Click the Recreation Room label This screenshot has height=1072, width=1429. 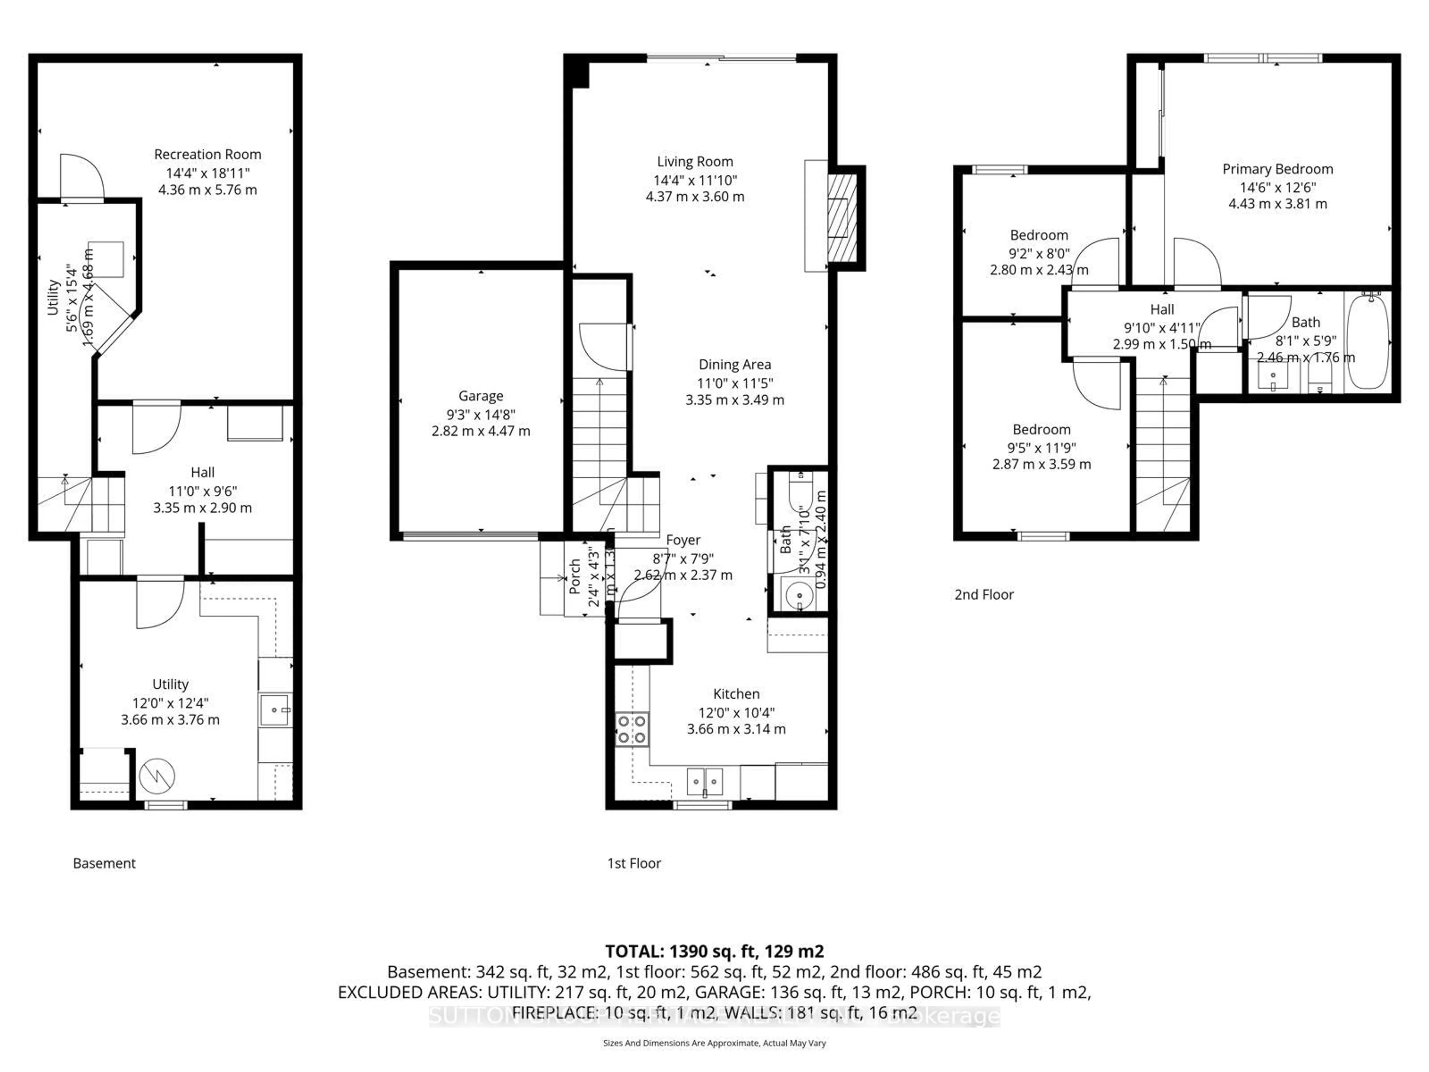pos(207,154)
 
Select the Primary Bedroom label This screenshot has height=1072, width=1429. pos(1277,169)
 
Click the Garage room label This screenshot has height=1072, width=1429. pos(481,396)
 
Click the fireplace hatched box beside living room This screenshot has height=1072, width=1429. pos(843,218)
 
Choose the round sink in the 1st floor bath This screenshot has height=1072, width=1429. pos(799,593)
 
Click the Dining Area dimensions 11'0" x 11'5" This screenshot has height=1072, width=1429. pos(735,383)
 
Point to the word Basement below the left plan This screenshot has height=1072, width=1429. pos(104,863)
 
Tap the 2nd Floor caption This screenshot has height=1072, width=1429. pos(984,594)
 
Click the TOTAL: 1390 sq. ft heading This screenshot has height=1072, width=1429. pos(714,951)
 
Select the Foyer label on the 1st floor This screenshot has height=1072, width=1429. pos(683,540)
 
